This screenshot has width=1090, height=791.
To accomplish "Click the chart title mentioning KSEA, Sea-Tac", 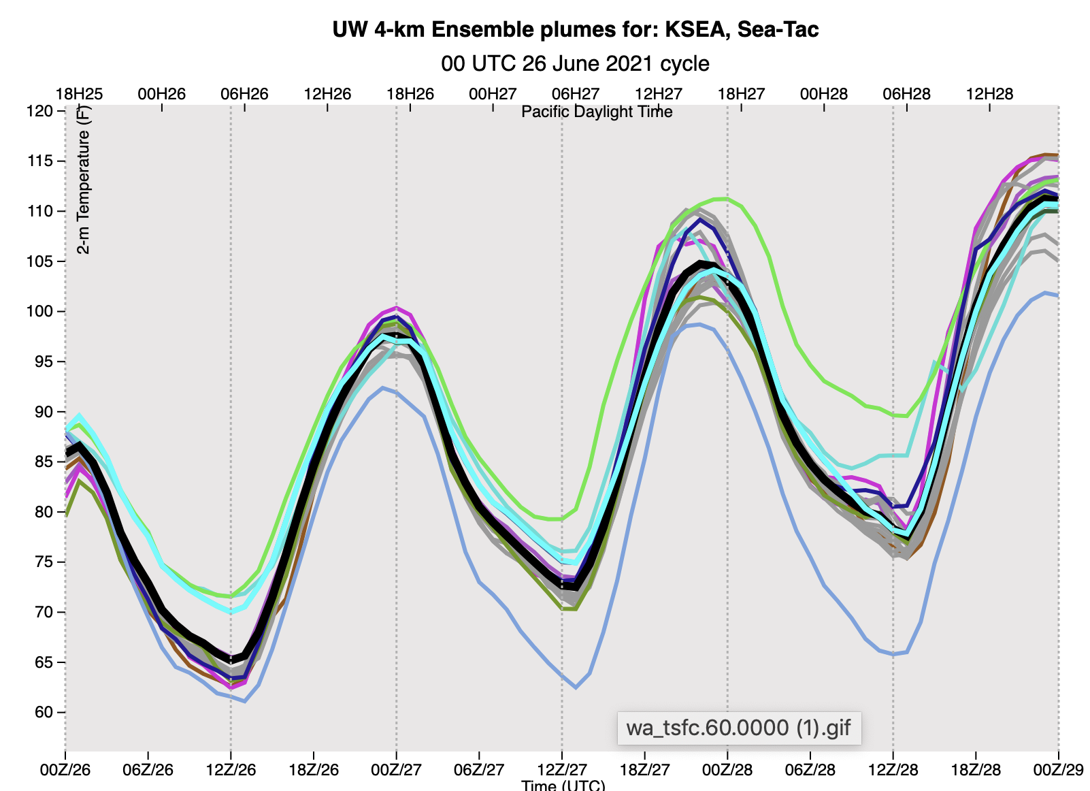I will pyautogui.click(x=575, y=30).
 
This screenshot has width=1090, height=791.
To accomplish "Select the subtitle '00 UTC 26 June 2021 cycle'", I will pyautogui.click(x=575, y=63).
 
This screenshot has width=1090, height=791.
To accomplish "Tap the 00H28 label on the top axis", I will pyautogui.click(x=824, y=94).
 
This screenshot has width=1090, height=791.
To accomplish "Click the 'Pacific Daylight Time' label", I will pyautogui.click(x=597, y=112).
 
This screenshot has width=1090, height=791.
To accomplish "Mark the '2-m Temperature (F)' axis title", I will pyautogui.click(x=83, y=180).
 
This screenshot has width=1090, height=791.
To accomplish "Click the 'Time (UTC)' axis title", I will pyautogui.click(x=563, y=785).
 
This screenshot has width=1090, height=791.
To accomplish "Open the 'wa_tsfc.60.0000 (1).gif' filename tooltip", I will pyautogui.click(x=738, y=728).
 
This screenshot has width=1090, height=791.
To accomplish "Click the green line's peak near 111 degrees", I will pyautogui.click(x=723, y=199).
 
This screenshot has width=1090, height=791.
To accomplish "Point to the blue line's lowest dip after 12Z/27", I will pyautogui.click(x=576, y=688).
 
